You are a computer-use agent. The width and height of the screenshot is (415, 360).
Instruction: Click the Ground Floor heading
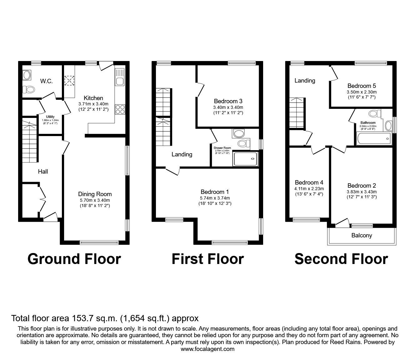pos(74,259)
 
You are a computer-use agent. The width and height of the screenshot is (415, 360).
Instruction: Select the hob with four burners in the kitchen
pos(120,109)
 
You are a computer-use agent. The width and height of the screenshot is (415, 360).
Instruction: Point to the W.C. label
pos(46,81)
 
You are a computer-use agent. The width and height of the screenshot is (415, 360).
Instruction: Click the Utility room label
pos(50,117)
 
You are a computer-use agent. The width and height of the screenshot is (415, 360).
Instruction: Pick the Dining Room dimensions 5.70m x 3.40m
pos(95,200)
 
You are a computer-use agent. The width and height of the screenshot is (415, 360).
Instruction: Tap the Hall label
pos(43,171)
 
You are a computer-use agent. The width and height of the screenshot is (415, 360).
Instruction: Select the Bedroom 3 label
pos(228,101)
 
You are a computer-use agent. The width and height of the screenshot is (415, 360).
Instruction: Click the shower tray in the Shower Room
pos(246,159)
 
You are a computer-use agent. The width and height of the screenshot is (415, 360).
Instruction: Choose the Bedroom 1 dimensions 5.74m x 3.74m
pos(215,198)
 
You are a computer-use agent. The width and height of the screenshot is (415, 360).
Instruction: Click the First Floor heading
pos(207,259)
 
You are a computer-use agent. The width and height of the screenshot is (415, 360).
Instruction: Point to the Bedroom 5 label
pos(362,86)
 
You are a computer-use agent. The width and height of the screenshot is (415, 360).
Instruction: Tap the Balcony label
pos(362,235)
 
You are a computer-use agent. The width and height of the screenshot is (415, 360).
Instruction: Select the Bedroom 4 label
pos(309,182)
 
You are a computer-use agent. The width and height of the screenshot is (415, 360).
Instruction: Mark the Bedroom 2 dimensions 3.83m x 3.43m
pos(362,192)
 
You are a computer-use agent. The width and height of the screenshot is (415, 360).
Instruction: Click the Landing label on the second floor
pos(305,80)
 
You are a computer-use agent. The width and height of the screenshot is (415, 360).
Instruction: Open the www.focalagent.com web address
pos(207,349)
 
